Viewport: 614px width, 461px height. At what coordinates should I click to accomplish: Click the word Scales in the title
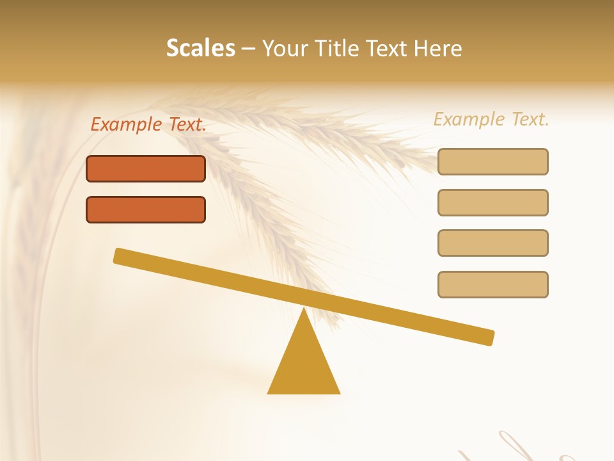[x=201, y=49]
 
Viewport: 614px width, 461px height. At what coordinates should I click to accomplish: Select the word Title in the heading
[x=339, y=49]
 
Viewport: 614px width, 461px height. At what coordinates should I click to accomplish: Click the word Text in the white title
[x=390, y=49]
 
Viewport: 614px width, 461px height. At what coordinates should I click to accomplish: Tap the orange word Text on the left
[x=187, y=125]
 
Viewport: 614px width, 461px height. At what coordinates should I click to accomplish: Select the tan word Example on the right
[x=470, y=120]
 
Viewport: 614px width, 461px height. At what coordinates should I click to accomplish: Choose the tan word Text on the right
[x=530, y=119]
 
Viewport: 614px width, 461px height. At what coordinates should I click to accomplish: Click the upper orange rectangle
[x=146, y=168]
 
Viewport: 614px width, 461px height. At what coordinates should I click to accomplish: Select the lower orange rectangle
[x=146, y=209]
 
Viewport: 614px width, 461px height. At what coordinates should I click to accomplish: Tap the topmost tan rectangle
[x=493, y=161]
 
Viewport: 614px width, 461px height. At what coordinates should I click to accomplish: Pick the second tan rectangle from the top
[x=493, y=202]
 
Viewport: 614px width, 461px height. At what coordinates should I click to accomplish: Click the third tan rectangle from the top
[x=493, y=243]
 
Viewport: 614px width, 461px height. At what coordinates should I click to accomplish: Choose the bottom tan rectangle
[x=493, y=284]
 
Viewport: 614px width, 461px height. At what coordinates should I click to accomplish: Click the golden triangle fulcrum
[x=304, y=365]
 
